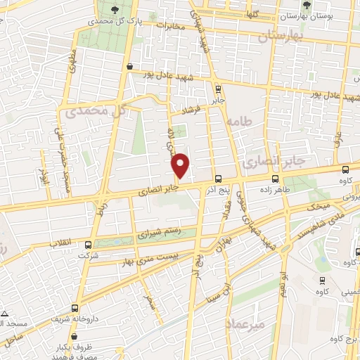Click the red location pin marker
[x=181, y=165]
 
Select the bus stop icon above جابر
[x=217, y=89]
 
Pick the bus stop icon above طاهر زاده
[x=287, y=179]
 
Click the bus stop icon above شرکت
[x=88, y=245]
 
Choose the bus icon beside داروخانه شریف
[x=75, y=307]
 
